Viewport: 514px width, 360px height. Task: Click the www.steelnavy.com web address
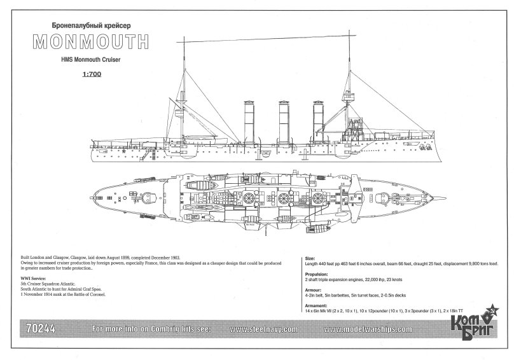pos(261,329)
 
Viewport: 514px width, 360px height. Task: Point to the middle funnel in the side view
pos(283,121)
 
